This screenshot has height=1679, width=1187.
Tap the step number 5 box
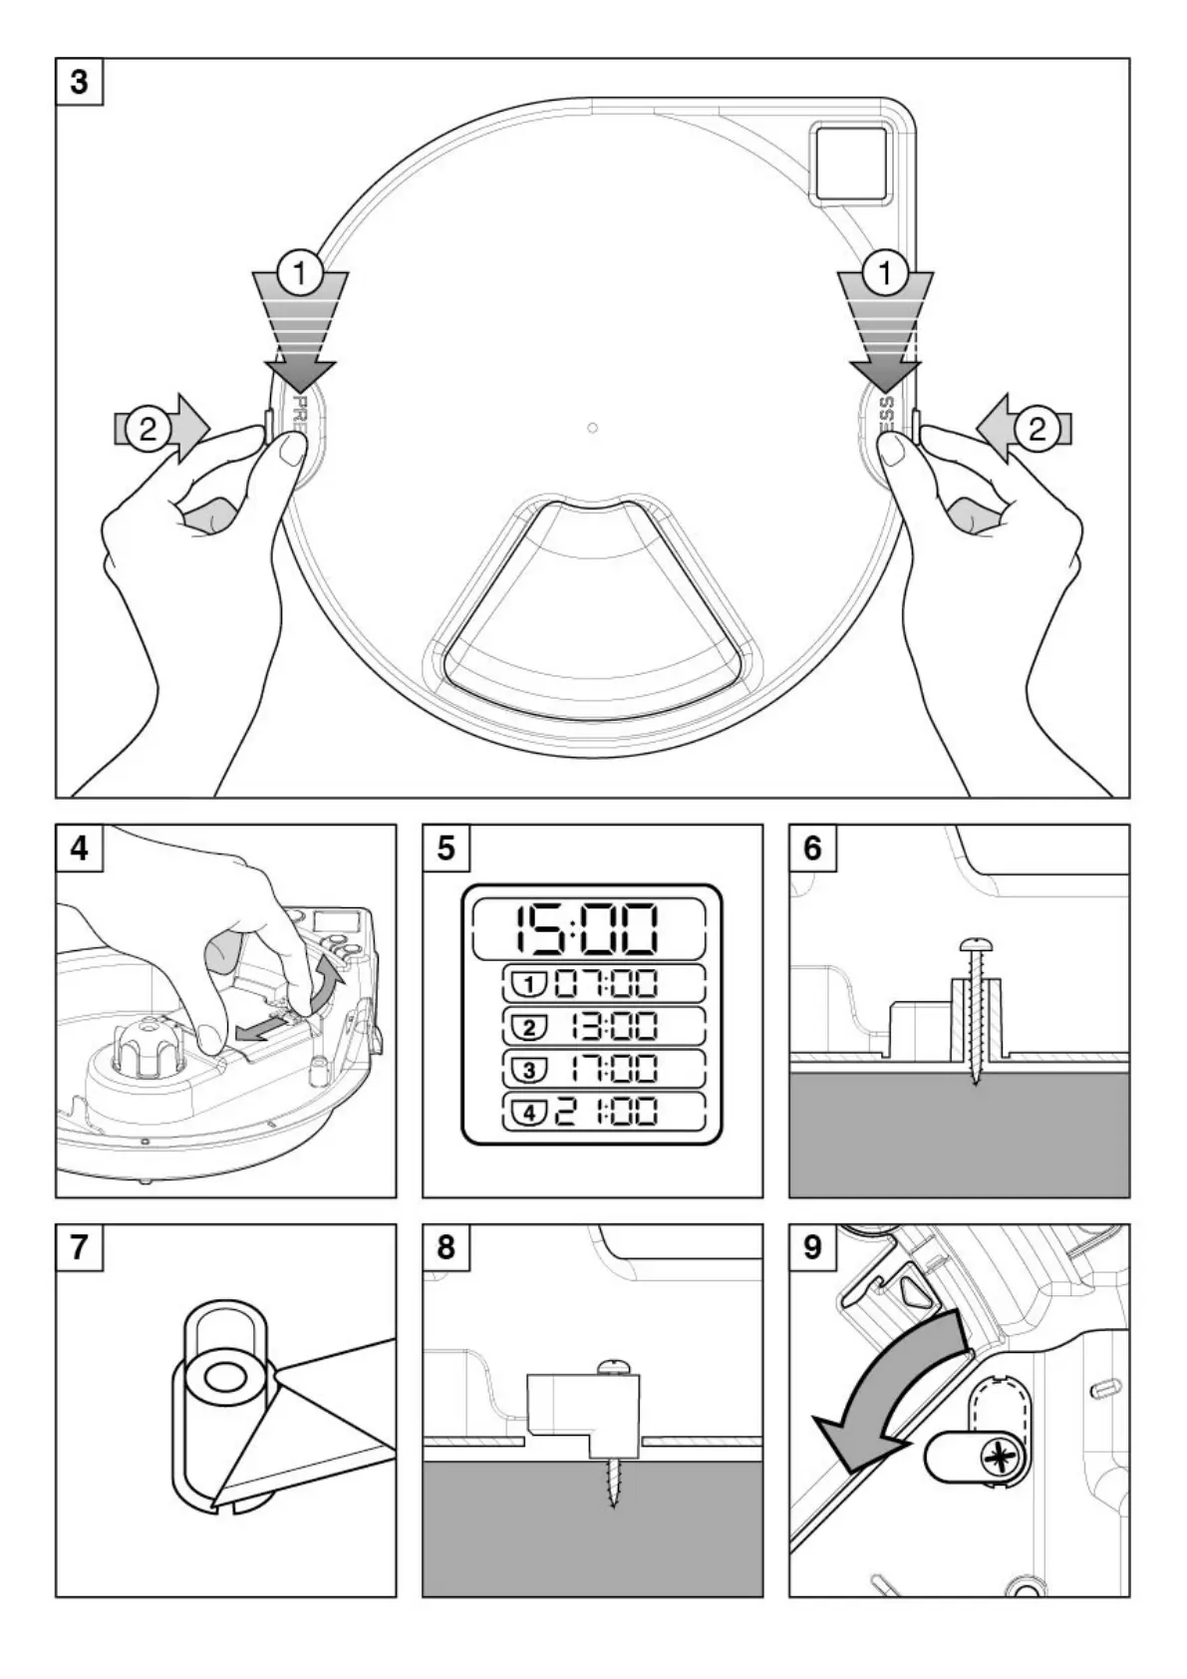pyautogui.click(x=445, y=847)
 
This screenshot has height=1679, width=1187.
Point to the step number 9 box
pyautogui.click(x=812, y=1247)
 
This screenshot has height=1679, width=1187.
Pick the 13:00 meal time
pyautogui.click(x=612, y=1027)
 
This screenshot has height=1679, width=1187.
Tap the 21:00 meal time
pyautogui.click(x=605, y=1111)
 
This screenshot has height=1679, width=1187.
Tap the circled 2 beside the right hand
pyautogui.click(x=1037, y=430)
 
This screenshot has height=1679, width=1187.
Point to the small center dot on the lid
pyautogui.click(x=593, y=428)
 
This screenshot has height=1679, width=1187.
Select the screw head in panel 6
pyautogui.click(x=975, y=943)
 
